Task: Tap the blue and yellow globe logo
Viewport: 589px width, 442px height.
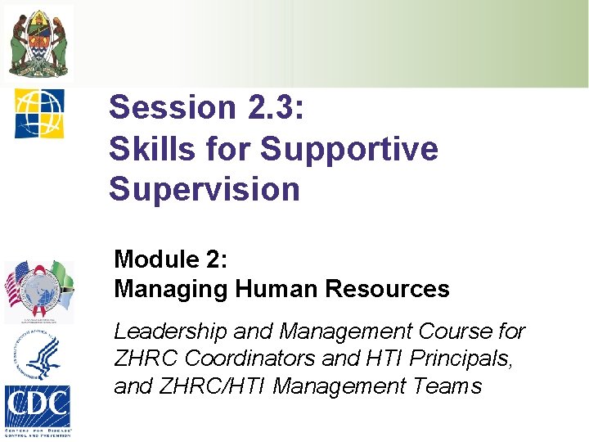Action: coord(38,112)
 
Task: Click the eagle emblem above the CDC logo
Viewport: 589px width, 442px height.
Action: coord(38,355)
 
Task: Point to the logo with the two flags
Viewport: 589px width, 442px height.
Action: coord(38,291)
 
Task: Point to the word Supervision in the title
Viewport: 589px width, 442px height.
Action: coord(205,189)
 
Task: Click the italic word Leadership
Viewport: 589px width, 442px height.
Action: coord(171,331)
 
